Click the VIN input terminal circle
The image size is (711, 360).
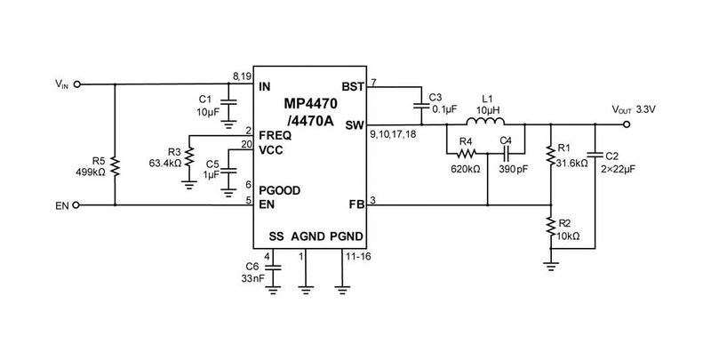point(77,85)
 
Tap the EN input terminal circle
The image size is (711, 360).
point(77,204)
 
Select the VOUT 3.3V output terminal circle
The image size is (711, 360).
point(627,124)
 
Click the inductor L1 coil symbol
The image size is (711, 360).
point(488,123)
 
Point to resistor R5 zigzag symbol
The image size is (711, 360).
point(116,166)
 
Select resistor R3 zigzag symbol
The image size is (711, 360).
point(188,158)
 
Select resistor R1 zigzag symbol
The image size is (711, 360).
point(550,156)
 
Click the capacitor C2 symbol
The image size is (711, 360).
point(595,155)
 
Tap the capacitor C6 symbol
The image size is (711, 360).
point(273,266)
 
